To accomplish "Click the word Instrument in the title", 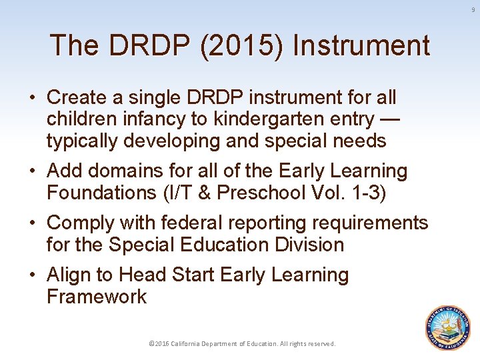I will pos(361,46).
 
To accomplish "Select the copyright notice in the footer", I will pos(242,343).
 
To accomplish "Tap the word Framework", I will pos(97,297).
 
